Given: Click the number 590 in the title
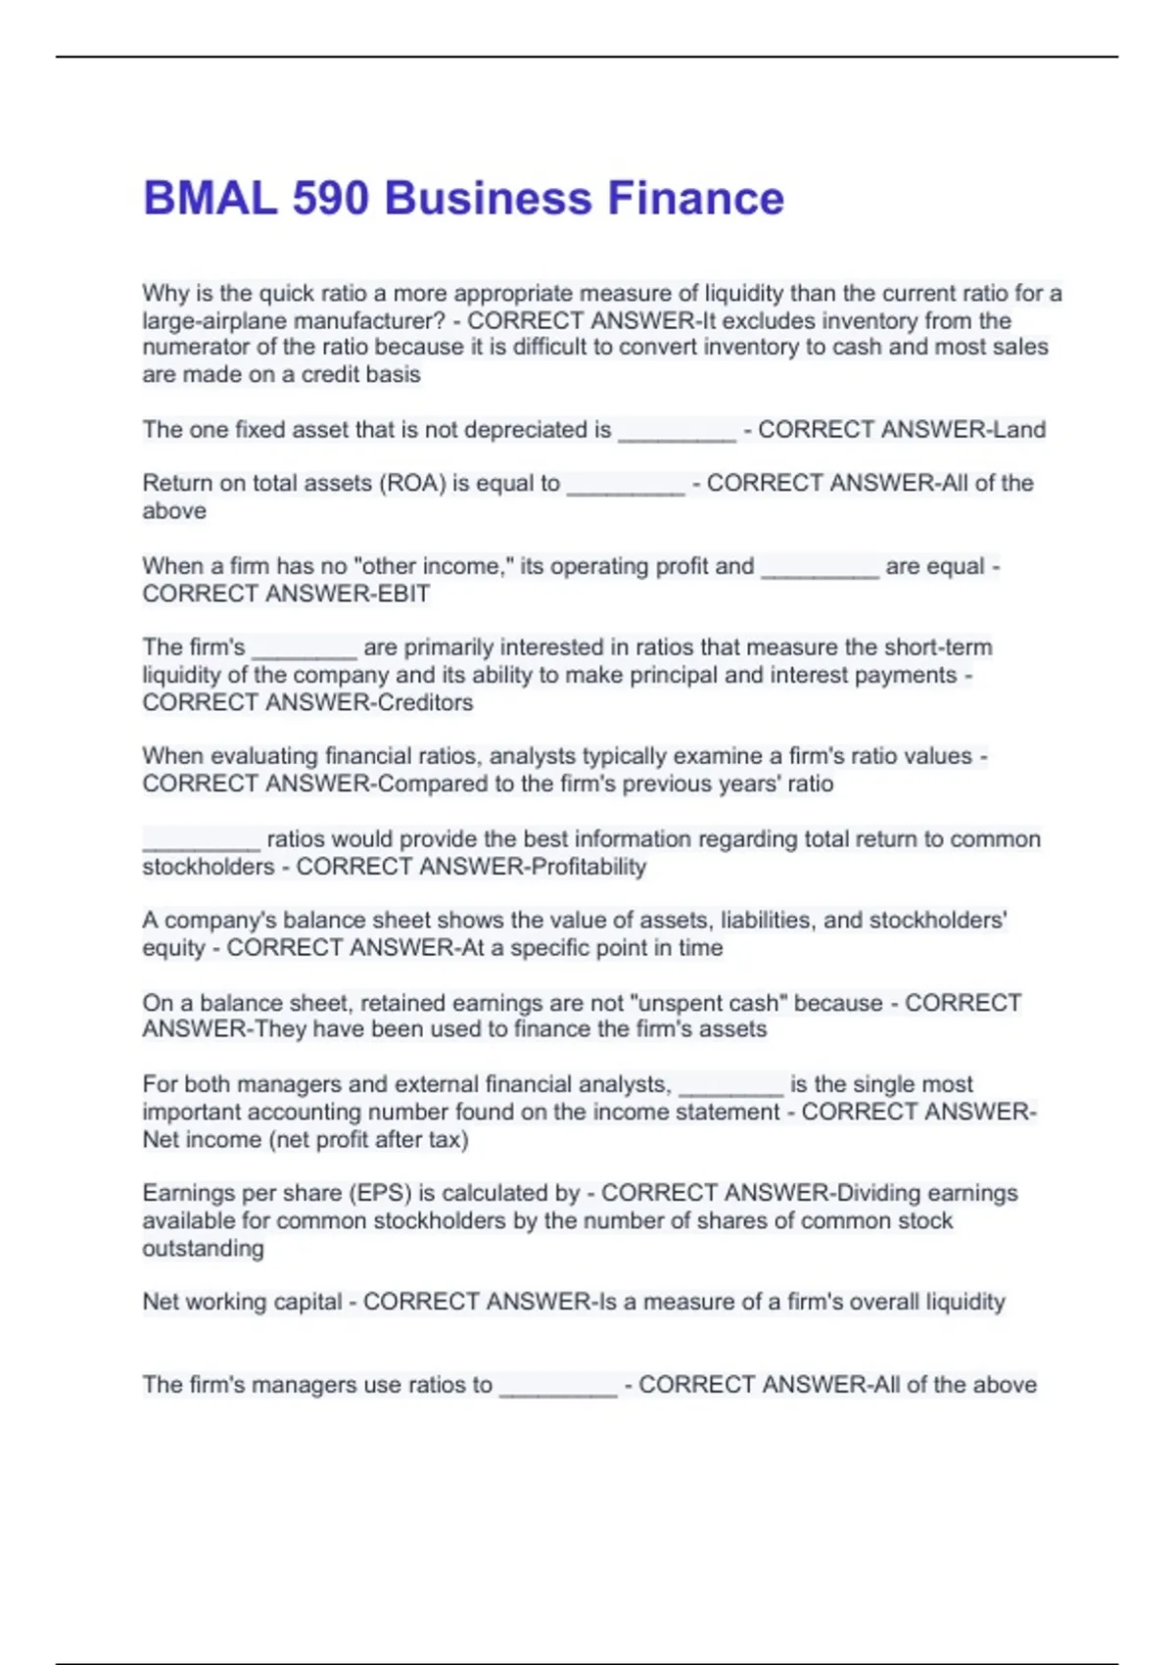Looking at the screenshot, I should (330, 198).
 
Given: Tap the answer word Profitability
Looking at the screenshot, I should (587, 867).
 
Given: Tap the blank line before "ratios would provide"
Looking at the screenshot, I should (201, 843).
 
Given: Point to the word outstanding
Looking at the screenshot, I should (203, 1249).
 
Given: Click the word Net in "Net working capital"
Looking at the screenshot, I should (161, 1302).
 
